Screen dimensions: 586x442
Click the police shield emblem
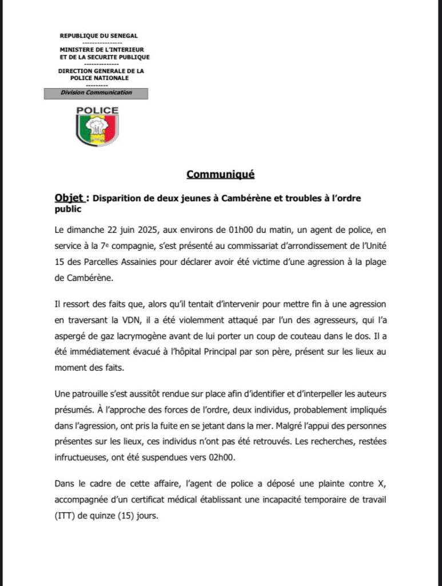coord(97,129)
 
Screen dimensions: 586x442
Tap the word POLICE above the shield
coord(97,110)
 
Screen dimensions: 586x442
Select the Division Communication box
coord(96,93)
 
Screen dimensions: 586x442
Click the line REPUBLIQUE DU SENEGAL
coord(99,36)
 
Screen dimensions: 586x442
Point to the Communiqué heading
coord(220,175)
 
